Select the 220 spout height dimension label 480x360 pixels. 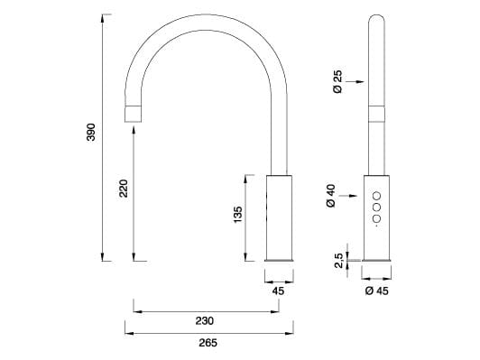pos(124,188)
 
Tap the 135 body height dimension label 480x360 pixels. pos(238,216)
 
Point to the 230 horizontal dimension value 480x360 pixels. pos(204,320)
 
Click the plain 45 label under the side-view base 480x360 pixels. pos(278,291)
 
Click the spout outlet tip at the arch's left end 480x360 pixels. pos(134,114)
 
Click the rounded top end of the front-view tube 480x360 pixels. pos(377,20)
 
